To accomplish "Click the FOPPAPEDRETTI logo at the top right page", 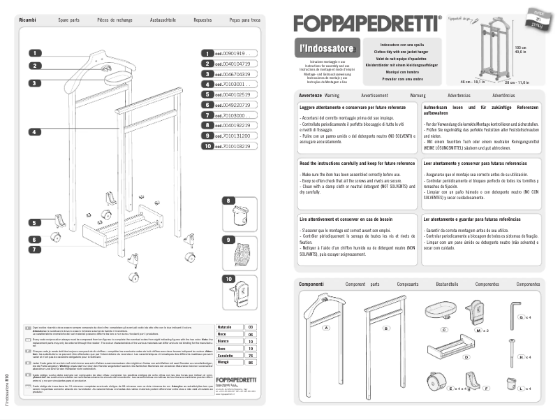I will click(367, 24).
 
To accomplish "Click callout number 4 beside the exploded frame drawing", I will click(36, 131).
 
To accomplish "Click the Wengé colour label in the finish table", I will click(224, 363).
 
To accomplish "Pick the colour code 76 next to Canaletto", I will click(251, 356).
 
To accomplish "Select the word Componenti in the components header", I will click(311, 284).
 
